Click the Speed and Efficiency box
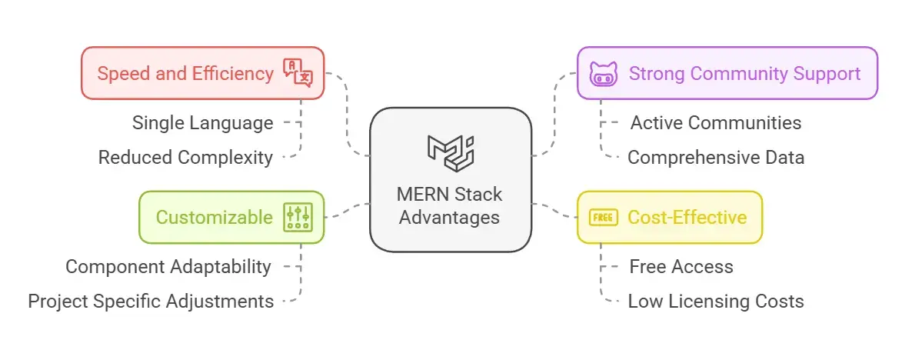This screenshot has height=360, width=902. (203, 73)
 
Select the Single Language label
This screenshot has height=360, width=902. (202, 122)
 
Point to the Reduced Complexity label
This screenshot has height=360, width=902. (185, 158)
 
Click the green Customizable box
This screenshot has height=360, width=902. (231, 217)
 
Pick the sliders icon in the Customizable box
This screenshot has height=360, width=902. (297, 217)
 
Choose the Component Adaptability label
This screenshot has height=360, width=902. (168, 267)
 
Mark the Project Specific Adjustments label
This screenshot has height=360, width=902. (151, 301)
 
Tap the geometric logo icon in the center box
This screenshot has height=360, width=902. (451, 150)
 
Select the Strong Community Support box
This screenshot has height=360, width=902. (727, 74)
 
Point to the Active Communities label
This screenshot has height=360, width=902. (716, 122)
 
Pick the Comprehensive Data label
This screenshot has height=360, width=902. (716, 158)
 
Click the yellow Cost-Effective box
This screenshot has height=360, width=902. (669, 217)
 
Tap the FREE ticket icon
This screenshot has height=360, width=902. (603, 218)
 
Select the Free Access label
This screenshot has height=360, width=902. (681, 267)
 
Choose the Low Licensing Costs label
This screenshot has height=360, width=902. (716, 301)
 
